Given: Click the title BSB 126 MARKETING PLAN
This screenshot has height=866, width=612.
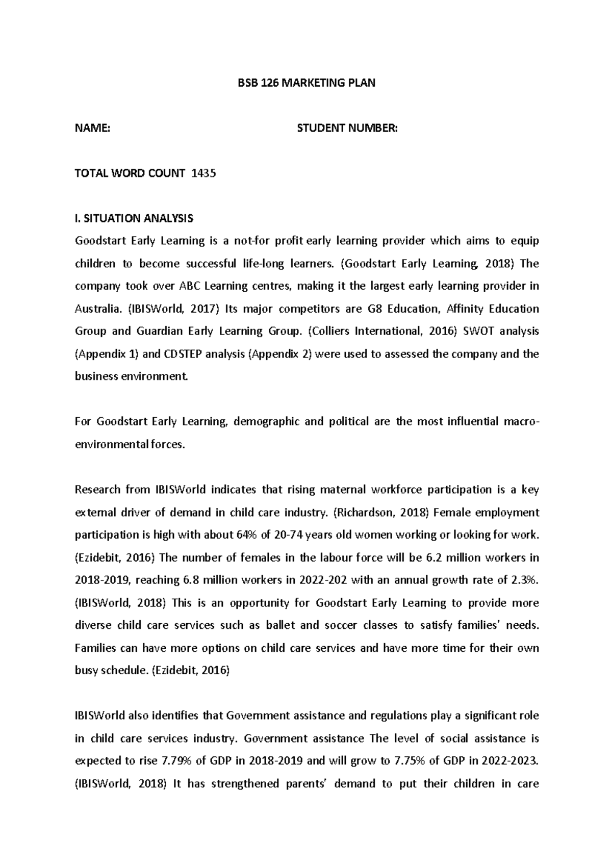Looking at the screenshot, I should coord(307,83).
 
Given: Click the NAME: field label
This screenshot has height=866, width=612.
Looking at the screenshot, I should coord(92,129).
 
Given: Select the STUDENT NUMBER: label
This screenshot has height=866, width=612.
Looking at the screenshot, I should coord(347,129).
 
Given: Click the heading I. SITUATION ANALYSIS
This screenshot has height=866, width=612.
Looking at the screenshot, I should coord(134,219).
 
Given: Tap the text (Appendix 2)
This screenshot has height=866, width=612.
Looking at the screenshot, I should coord(279,354).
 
